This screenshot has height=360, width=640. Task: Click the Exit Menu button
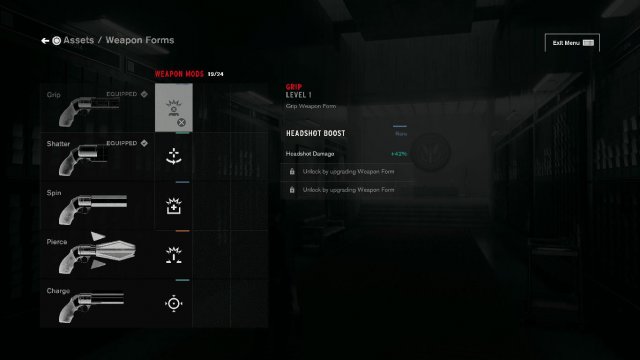coord(572,43)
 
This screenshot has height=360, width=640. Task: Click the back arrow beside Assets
coord(45,41)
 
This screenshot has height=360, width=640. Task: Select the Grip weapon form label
coord(54,95)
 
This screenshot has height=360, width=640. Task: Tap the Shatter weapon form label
coord(58,143)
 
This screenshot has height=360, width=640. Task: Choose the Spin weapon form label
coord(54,191)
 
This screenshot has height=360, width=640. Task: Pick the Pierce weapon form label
coord(57,241)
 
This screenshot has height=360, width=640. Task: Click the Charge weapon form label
coord(58,290)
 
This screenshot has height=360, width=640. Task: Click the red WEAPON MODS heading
coord(179,74)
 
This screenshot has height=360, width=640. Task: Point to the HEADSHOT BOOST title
coord(315,133)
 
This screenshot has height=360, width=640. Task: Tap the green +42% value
coord(399,153)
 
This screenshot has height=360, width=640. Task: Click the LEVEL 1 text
coord(299,95)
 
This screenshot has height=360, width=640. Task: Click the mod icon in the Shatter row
coord(174,156)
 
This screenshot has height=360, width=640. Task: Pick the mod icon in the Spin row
coord(174,205)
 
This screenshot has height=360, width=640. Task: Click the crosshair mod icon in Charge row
coord(174,303)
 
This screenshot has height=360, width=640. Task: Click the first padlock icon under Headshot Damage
coord(291,172)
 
